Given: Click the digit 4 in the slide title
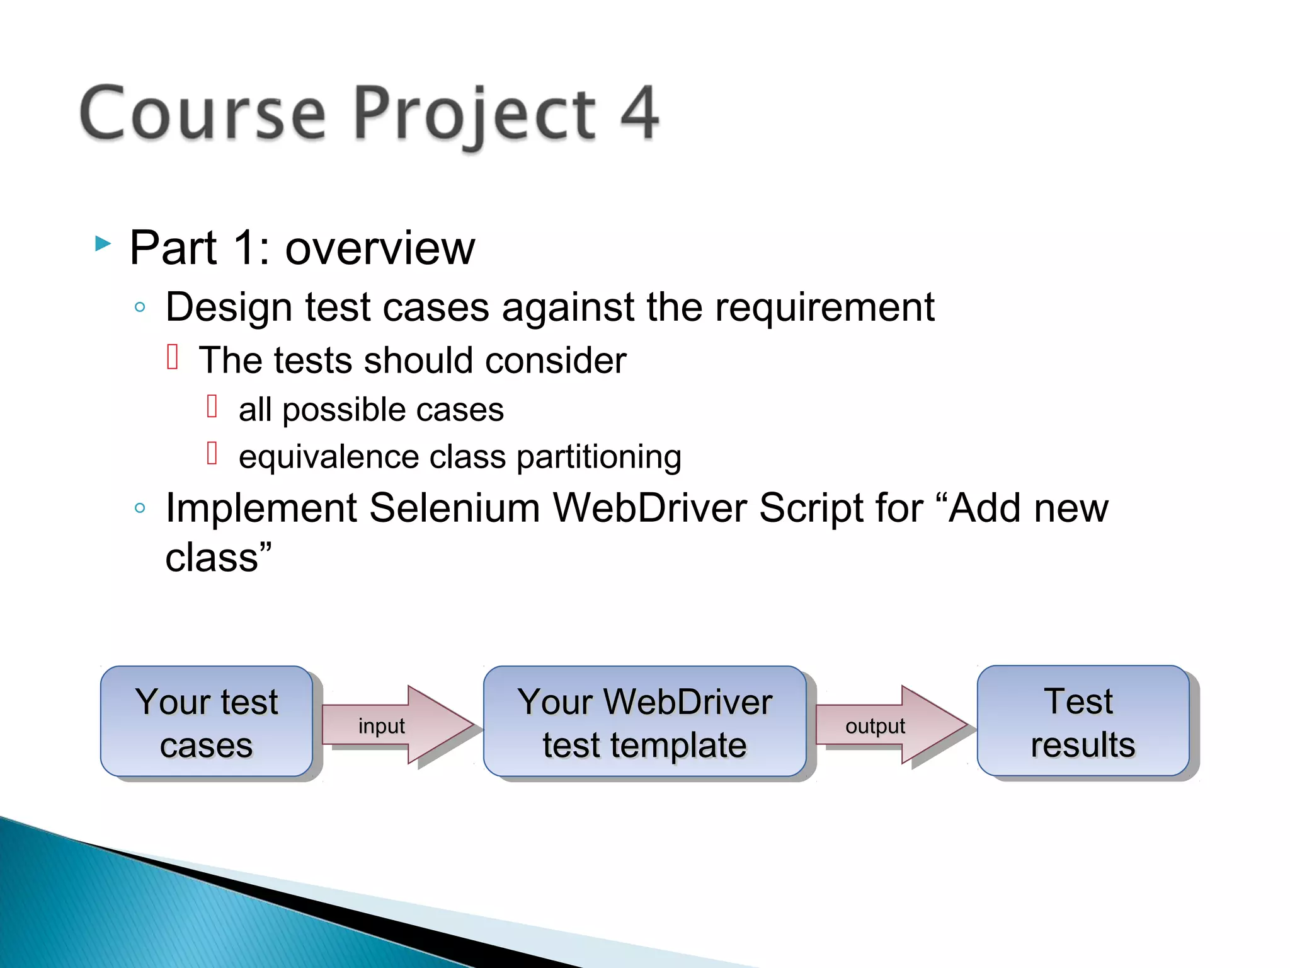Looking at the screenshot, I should pos(639,113).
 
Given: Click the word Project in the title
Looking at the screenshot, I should pos(474,115).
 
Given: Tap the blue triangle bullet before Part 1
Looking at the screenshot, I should pos(103,243).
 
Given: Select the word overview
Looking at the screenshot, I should pos(380,248).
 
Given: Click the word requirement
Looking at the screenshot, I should pos(824,308).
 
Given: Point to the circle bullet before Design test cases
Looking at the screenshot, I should pos(140,308).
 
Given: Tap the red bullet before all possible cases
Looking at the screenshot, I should pos(212,406).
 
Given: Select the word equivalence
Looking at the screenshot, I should pos(329,456).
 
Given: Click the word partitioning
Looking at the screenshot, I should pos(599,456).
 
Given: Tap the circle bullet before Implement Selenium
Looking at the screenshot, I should pos(140,508).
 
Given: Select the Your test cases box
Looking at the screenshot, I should pos(207,722).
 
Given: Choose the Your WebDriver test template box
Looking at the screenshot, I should pos(644,722).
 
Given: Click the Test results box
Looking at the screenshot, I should pos(1083,722).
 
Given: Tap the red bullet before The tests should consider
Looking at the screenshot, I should pos(173,357).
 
